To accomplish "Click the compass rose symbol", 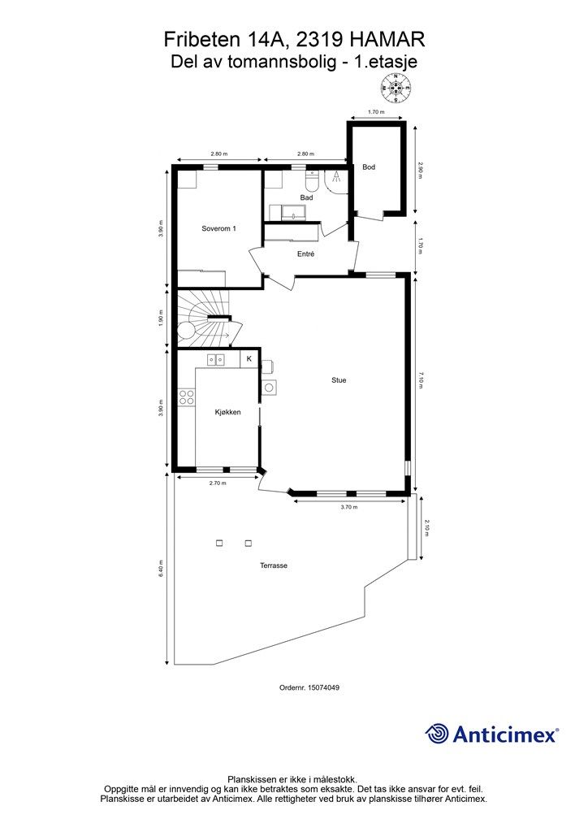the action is pos(396,88).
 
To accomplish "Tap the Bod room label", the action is pos(369,167).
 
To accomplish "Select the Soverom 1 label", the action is pos(218,228).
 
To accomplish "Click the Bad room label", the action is pos(306,197).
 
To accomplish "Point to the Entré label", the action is pos(305,254).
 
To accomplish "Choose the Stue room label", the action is pos(339,380).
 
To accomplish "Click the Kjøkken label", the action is pos(228,412).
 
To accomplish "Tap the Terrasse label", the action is pos(274,565).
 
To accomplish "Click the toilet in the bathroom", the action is pos(312,181).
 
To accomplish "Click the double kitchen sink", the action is pos(216,360).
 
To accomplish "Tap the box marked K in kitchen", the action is pos(249,358).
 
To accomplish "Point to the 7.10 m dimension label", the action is pos(421,380).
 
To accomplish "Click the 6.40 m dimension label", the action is pos(161,569).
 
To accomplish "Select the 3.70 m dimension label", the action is pos(349,507).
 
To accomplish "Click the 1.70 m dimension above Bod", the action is pos(376,112).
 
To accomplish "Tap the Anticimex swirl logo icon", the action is pos(436,734).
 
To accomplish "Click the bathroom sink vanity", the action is pos(292,213).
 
